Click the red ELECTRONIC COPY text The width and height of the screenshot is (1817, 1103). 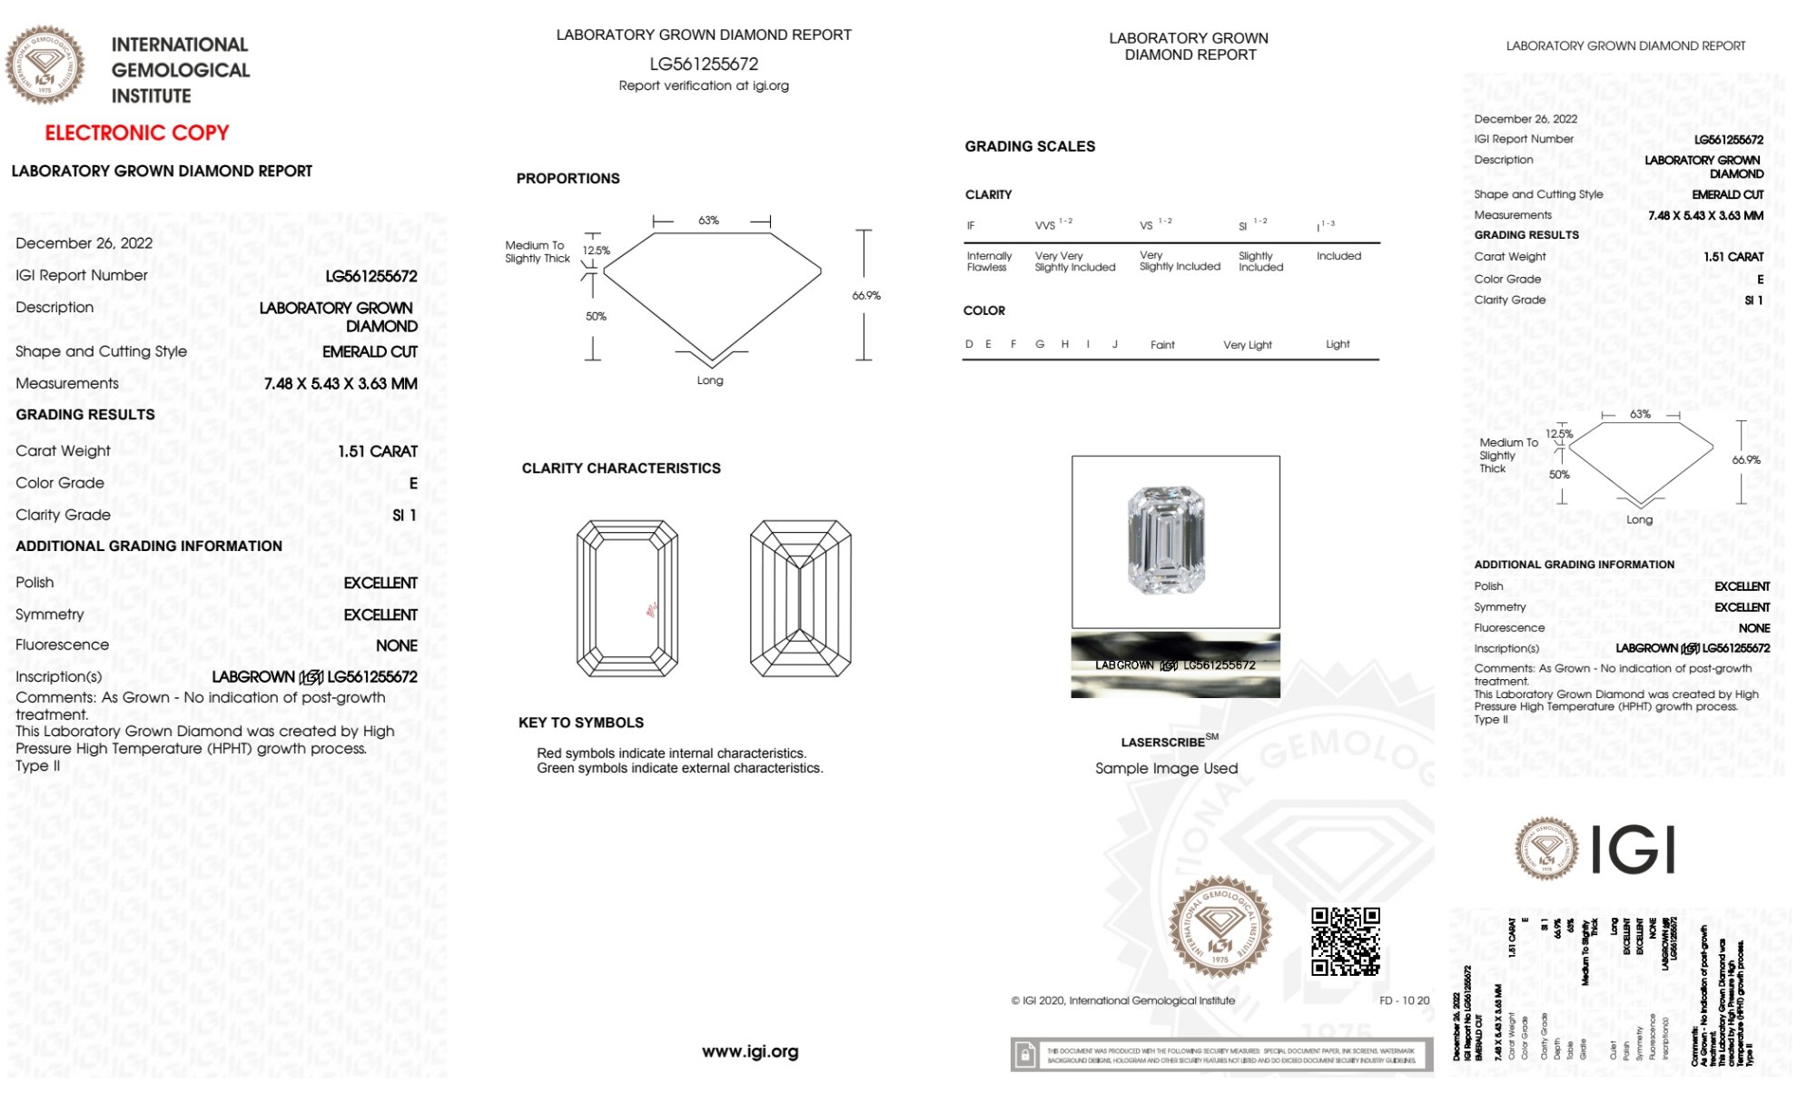click(137, 133)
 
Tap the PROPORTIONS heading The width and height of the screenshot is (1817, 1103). click(568, 178)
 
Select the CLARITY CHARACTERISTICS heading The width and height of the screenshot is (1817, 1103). click(621, 468)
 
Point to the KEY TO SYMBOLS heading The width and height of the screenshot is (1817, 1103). click(581, 723)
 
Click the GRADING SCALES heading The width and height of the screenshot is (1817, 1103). click(1030, 146)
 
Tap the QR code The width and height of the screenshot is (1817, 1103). click(1345, 941)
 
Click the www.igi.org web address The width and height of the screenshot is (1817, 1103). click(750, 1051)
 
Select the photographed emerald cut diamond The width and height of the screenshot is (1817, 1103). click(1166, 540)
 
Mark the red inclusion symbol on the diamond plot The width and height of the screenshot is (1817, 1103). click(651, 610)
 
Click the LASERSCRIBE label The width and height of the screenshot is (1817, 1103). click(1163, 743)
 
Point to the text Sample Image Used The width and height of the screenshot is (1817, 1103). click(1166, 768)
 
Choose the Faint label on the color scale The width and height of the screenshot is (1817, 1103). click(1162, 345)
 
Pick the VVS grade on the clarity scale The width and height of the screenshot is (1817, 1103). click(1046, 225)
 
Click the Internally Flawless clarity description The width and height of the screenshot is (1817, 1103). click(989, 261)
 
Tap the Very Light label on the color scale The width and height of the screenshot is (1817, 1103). click(1247, 345)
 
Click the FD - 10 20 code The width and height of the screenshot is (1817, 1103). click(1404, 1000)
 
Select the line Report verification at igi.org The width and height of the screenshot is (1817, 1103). click(704, 85)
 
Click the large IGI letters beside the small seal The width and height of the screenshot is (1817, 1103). click(1634, 851)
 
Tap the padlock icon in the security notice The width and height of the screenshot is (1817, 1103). click(1025, 1055)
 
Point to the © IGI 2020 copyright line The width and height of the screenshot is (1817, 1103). click(1123, 1000)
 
